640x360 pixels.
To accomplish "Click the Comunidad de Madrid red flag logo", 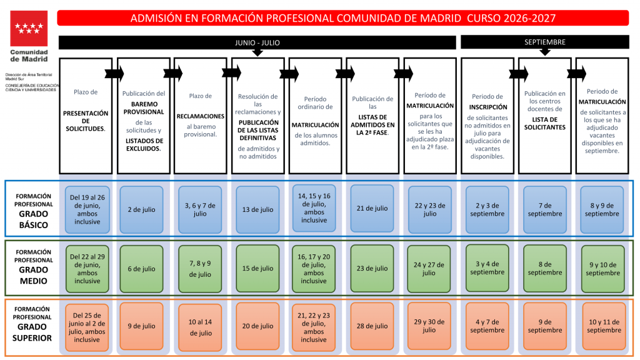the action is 29,28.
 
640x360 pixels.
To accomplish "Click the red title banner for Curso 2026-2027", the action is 343,18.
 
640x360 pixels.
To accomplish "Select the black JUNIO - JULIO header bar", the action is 257,42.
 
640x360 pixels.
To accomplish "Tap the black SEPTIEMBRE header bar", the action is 545,42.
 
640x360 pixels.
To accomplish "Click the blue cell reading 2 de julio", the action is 142,210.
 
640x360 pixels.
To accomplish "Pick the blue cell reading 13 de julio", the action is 257,210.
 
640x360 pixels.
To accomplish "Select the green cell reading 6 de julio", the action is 142,269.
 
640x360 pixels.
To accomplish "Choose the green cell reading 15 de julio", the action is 257,269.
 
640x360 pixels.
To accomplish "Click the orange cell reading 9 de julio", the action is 142,326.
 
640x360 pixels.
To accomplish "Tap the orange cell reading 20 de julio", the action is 257,326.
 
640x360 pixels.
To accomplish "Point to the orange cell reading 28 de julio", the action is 372,326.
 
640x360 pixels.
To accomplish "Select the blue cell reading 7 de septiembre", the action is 545,210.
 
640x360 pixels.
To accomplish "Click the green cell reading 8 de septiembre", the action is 545,269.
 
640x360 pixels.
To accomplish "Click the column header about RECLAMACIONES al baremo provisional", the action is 201,116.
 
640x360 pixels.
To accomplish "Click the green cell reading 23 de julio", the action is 372,269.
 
